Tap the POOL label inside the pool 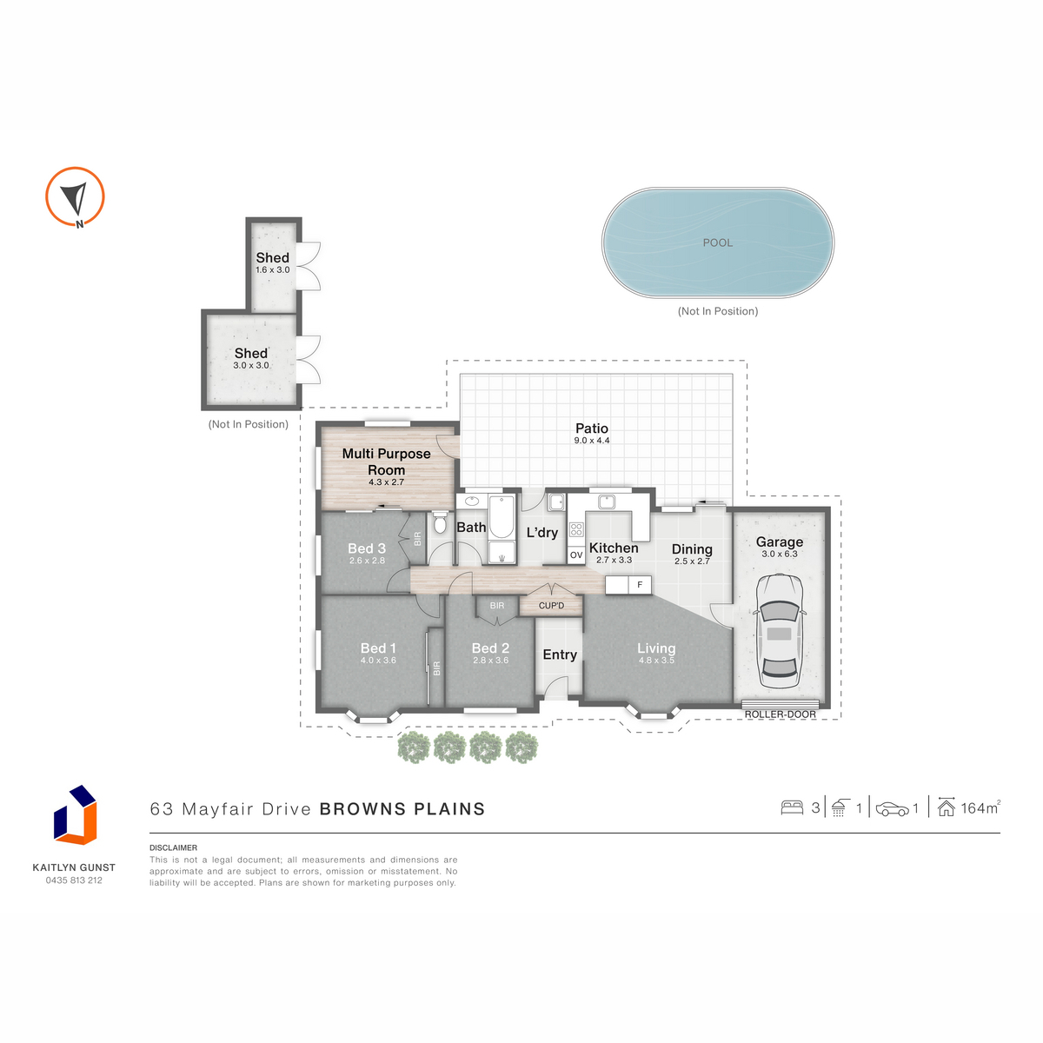[x=717, y=242]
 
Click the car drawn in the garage [x=779, y=631]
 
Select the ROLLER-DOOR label [x=780, y=714]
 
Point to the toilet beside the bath [x=440, y=523]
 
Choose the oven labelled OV [x=576, y=555]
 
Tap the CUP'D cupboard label [x=551, y=605]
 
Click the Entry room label [x=560, y=654]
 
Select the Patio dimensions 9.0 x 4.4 [x=592, y=440]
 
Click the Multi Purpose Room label [x=386, y=462]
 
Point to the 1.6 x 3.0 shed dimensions [x=272, y=269]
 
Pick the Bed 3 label [x=367, y=548]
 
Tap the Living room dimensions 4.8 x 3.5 [x=656, y=661]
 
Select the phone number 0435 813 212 [x=74, y=880]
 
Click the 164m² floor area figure [x=980, y=807]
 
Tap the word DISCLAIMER [x=173, y=847]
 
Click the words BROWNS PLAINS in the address [x=402, y=808]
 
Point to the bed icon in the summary [x=791, y=807]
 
